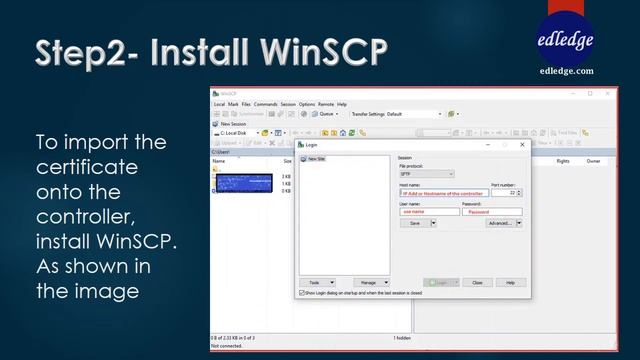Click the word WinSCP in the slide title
pos(318,52)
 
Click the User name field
pos(428,212)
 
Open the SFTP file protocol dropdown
pos(427,174)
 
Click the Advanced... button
pos(500,224)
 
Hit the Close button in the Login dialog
pos(478,283)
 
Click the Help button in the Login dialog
pos(510,283)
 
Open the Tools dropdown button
pos(317,283)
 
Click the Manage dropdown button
pos(371,283)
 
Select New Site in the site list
pos(316,159)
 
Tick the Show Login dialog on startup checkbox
pos(303,293)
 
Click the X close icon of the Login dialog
pos(522,145)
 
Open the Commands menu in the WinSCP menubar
pos(265,104)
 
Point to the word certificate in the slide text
pos(87,166)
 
